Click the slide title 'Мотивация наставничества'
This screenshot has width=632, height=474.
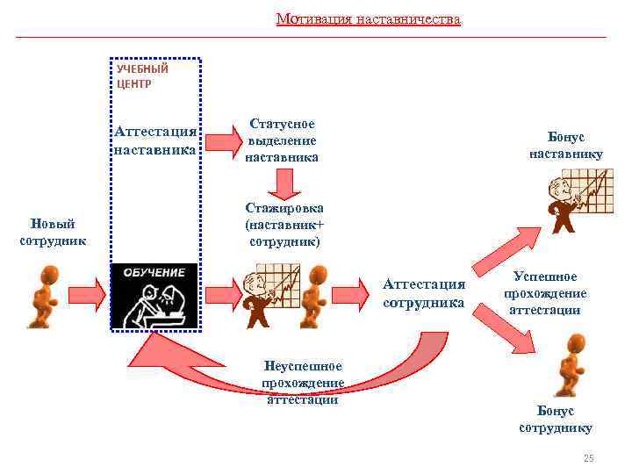(x=368, y=18)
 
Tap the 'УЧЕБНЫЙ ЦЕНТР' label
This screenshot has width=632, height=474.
(x=141, y=76)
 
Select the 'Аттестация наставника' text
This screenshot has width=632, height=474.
(x=155, y=140)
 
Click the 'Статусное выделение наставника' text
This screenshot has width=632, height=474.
(x=282, y=140)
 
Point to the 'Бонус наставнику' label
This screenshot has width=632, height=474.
(x=565, y=146)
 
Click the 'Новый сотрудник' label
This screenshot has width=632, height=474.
(x=53, y=232)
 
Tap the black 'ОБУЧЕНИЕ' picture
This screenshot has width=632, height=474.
(x=155, y=296)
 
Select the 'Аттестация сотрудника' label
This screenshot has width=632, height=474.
(x=424, y=292)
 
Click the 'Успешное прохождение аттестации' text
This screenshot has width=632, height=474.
(x=545, y=293)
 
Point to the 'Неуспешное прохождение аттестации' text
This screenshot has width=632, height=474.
(x=302, y=383)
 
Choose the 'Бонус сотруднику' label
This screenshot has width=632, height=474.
(x=556, y=419)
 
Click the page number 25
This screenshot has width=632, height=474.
(x=588, y=459)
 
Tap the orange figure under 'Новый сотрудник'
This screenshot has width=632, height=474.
(x=41, y=297)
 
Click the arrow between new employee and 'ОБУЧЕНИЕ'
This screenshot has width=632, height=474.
(x=84, y=291)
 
